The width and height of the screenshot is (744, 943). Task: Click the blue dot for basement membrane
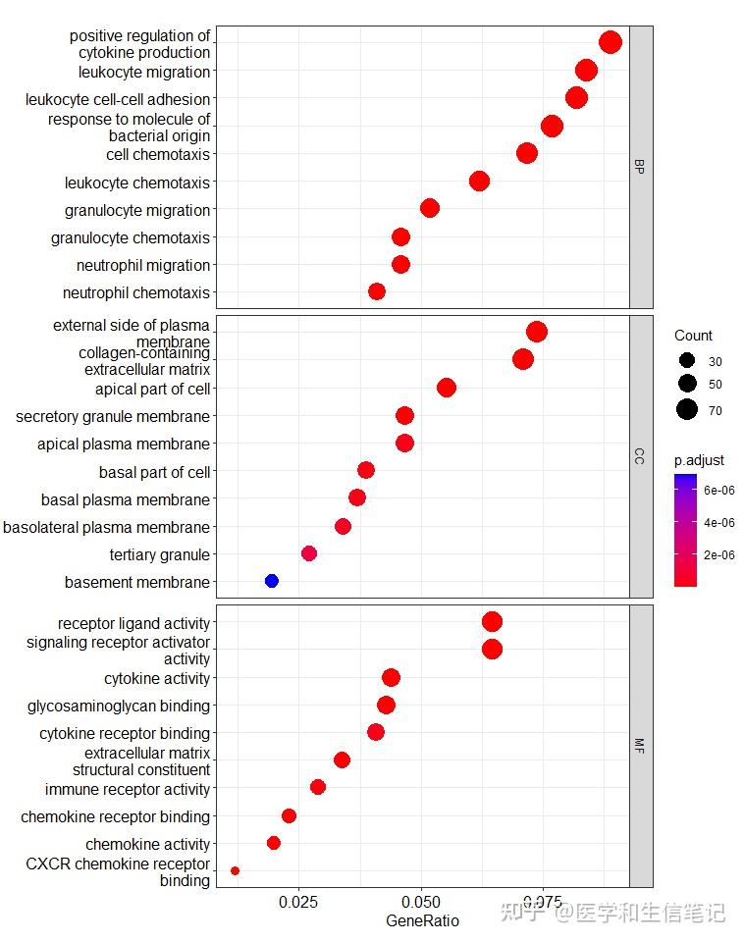coord(272,581)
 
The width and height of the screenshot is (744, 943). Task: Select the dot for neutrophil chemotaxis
coord(377,291)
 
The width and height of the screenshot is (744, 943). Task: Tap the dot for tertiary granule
coord(309,553)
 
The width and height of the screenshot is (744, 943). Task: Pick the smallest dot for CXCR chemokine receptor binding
coord(235,870)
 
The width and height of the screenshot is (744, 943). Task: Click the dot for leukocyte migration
coord(587,70)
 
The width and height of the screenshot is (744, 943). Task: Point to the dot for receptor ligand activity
coord(493,621)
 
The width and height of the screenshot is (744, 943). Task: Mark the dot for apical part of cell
coord(447,388)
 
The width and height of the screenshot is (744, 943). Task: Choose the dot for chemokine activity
coord(274,843)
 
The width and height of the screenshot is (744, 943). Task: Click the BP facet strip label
coord(640,167)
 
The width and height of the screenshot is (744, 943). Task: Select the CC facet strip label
coord(640,455)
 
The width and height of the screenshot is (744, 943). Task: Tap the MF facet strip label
coord(640,747)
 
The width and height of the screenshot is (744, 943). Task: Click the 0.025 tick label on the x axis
coord(297,902)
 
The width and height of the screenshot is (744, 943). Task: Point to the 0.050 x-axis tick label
coord(421,902)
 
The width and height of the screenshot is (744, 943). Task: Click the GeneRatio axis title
coord(422,921)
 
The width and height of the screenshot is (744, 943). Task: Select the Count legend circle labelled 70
coord(686,410)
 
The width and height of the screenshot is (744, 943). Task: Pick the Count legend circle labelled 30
coord(686,360)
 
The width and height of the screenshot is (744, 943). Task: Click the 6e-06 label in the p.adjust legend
coord(720,490)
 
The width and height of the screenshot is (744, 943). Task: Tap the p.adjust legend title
coord(699,460)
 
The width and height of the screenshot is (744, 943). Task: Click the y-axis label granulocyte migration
coord(137,210)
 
